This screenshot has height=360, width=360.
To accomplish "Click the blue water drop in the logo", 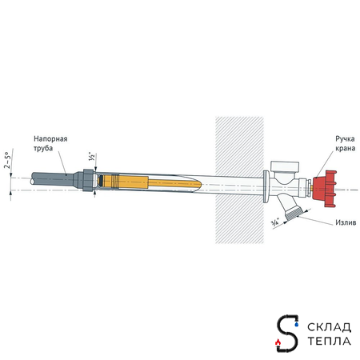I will point(297,326).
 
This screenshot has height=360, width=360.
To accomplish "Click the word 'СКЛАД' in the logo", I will point(328,326).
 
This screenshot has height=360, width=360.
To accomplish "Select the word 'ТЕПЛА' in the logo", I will point(328,342).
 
